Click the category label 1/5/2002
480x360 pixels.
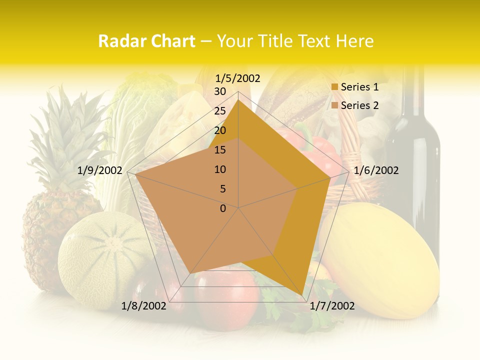click(x=238, y=78)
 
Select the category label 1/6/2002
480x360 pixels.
click(x=376, y=170)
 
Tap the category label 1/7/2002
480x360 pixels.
click(x=332, y=306)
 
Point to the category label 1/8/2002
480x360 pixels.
click(x=144, y=306)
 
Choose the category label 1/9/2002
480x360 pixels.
click(x=100, y=170)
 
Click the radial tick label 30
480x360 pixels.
click(x=220, y=91)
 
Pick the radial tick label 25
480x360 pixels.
click(x=220, y=111)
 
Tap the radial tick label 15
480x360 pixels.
click(x=220, y=150)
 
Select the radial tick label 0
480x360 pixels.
click(x=223, y=208)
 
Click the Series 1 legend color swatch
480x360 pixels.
click(x=335, y=87)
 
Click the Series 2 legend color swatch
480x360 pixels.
click(x=335, y=105)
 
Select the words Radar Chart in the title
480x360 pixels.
click(x=146, y=41)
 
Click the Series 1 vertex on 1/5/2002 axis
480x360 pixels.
click(x=238, y=100)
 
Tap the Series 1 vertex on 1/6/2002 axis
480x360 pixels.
click(x=330, y=178)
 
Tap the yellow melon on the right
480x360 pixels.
click(x=380, y=260)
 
